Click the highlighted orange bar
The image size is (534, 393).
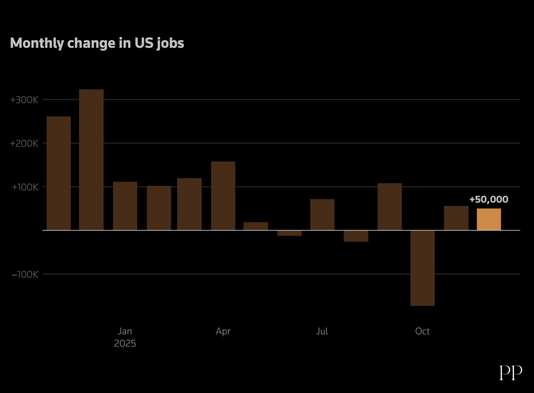coord(489,219)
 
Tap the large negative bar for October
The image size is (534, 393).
coord(423,268)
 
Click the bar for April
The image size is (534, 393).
coord(223,196)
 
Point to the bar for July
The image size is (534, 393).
coord(322,214)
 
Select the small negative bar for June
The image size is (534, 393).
coord(289,233)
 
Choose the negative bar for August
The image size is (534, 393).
coord(356,236)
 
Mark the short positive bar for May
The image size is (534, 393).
coord(256,226)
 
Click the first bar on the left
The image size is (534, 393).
coord(59,173)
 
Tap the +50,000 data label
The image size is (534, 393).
coord(489,199)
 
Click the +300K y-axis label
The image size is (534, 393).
coord(24,100)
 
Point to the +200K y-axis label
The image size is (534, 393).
coord(24,143)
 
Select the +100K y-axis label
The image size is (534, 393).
coord(25,187)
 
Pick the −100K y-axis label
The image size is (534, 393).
coord(25,274)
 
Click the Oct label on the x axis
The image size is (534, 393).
coord(422,331)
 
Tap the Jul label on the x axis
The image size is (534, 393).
coord(322,331)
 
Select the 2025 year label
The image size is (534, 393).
coord(125,343)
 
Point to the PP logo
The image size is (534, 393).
coord(511,372)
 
